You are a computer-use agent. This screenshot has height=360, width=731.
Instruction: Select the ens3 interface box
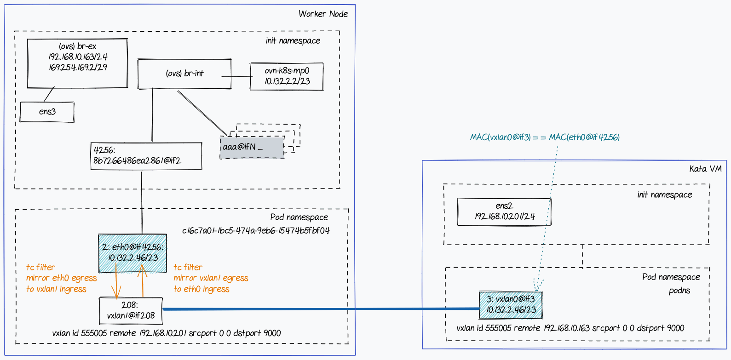tap(47, 112)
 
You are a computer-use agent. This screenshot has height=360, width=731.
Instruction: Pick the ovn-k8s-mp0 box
tap(287, 76)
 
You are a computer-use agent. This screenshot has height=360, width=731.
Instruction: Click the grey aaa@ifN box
tap(252, 148)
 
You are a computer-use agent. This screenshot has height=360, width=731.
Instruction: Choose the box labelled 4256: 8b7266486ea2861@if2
tap(146, 156)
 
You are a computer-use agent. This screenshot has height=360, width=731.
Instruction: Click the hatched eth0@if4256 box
tap(133, 253)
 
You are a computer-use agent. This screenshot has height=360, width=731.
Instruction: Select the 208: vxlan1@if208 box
tap(131, 311)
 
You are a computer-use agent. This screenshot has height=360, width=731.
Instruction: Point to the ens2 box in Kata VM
tap(504, 211)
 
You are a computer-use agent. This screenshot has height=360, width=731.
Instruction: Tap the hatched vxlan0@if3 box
tap(511, 305)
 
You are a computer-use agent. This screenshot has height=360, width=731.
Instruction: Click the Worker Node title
tap(323, 14)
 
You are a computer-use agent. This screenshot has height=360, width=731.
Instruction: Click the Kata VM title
tap(705, 169)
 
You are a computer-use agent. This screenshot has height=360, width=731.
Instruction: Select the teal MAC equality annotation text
tap(545, 137)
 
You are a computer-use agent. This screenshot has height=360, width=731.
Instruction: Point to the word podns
tap(679, 291)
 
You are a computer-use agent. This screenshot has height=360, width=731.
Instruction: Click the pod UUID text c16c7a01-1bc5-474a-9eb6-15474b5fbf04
tap(256, 231)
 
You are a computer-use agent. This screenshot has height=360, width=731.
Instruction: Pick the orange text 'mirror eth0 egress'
tap(61, 278)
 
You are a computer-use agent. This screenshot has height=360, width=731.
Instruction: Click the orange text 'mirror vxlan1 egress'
tap(211, 278)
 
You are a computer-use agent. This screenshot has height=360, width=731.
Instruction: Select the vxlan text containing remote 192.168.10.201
tap(167, 333)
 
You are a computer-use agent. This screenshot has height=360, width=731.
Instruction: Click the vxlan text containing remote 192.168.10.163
tap(570, 328)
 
